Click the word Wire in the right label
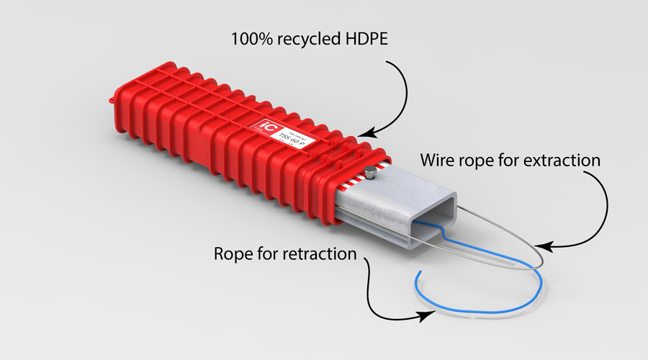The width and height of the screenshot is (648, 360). coord(436,160)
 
